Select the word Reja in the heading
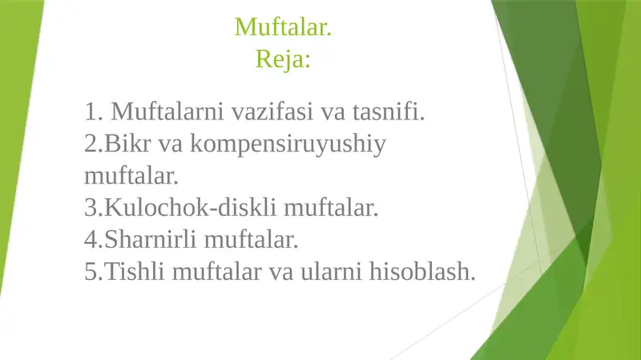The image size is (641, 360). point(279,59)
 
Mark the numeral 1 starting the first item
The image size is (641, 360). point(90,111)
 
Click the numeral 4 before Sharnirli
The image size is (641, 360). point(90,240)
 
